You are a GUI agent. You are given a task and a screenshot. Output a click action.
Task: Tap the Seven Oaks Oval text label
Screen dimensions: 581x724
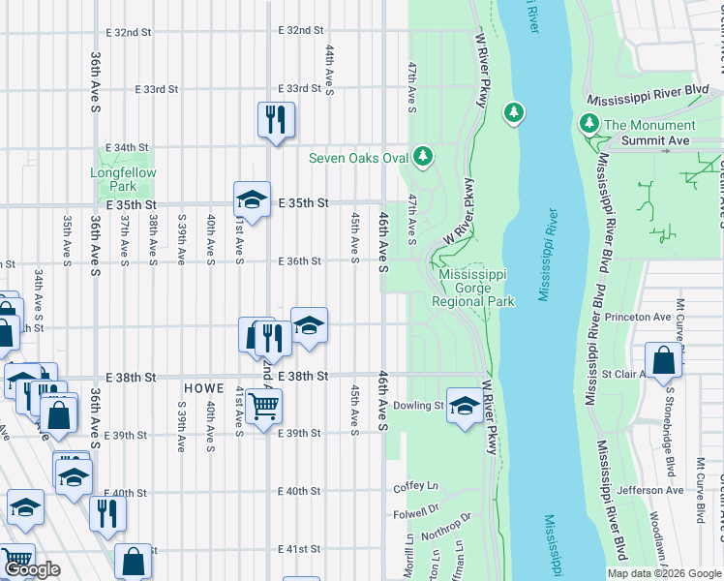coord(357,158)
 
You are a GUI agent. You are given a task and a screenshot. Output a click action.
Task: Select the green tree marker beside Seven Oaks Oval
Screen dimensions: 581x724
coord(422,155)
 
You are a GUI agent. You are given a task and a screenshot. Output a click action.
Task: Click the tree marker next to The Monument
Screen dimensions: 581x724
coord(588,124)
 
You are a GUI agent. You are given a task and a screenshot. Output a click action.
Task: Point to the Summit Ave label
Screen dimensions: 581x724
coord(654,140)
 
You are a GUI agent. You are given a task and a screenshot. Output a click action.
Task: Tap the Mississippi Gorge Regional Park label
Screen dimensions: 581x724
coord(476,288)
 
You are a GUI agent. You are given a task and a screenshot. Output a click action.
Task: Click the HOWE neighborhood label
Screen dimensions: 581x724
coord(204,387)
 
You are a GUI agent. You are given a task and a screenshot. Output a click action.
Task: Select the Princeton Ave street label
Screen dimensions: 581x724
coord(637,317)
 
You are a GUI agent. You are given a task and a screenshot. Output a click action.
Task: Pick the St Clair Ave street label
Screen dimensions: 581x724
coord(623,373)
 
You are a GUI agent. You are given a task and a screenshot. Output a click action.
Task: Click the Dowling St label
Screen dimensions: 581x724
coord(418,406)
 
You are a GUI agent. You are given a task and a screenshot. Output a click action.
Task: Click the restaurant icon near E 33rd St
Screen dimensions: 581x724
coord(276,119)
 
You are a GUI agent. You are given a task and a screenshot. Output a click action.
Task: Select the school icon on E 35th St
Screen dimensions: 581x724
coord(252,199)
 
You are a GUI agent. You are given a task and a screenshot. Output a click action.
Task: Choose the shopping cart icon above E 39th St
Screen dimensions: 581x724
coord(263,406)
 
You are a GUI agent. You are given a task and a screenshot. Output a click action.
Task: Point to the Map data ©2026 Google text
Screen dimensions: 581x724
coord(664,573)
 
